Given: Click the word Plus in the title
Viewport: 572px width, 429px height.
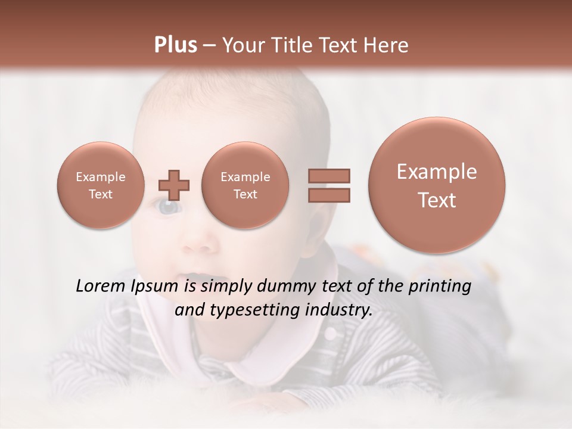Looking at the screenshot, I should (x=175, y=45).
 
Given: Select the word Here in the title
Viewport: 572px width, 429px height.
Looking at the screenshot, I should (x=387, y=45).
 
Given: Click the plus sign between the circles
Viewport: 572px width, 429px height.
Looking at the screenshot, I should (x=174, y=185).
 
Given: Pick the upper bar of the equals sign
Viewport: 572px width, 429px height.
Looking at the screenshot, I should (x=328, y=175).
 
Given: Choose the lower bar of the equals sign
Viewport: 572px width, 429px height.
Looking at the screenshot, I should (x=328, y=195).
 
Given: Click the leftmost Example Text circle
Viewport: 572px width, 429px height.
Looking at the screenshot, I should (x=100, y=185).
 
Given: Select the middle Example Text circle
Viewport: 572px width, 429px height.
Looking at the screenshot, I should (x=245, y=185).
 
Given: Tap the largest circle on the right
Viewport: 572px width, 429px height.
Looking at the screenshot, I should (x=437, y=185).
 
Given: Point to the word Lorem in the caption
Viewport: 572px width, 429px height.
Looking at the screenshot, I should (x=101, y=287).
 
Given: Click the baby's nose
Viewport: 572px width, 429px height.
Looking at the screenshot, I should (x=198, y=241).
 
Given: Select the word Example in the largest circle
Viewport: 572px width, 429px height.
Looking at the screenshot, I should (x=437, y=172).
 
